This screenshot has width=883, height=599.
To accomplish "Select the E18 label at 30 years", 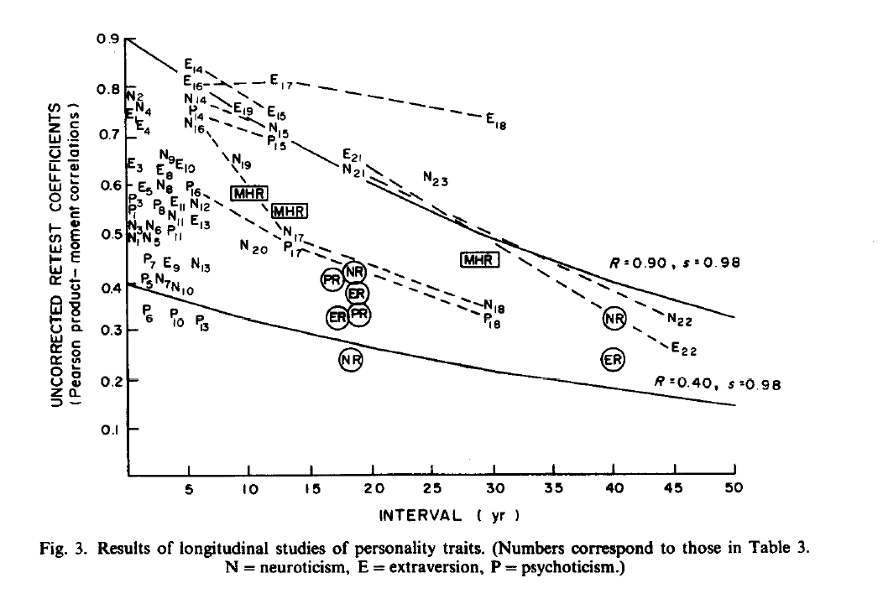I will point(496,120).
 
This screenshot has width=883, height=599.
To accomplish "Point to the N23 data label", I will point(436,179).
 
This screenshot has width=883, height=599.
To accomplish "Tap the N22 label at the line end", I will point(679,319).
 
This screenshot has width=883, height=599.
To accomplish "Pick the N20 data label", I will point(253,247).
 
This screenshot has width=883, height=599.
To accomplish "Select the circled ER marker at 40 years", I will point(614,359).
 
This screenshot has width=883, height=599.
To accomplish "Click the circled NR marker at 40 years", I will point(615,318).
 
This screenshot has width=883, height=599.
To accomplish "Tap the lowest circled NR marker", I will point(351,359).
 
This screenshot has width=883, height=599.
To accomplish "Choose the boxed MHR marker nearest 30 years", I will point(481,260).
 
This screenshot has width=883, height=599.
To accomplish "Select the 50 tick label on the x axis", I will point(734,487).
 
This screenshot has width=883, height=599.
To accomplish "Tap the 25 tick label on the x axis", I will point(432,487).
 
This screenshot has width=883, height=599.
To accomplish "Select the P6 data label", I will point(148,314).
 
